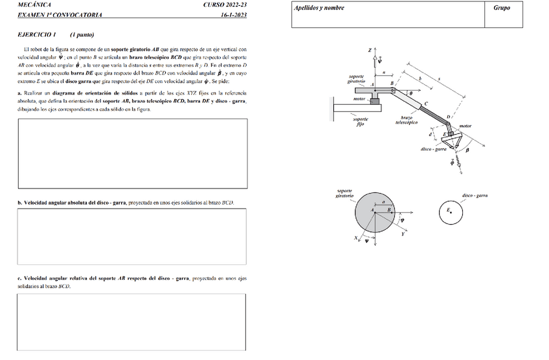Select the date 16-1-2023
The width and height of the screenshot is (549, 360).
(x=233, y=14)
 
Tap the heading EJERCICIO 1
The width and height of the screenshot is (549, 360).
(x=37, y=34)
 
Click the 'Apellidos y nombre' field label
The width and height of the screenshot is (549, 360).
(x=319, y=8)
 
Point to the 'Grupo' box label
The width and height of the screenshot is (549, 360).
(x=501, y=8)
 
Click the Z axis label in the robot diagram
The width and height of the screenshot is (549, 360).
(x=370, y=50)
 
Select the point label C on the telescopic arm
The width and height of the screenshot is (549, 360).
(x=425, y=104)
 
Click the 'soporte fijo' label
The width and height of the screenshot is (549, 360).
(x=361, y=121)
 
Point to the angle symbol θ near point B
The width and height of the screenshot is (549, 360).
(x=410, y=93)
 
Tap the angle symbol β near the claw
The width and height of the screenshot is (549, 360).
(x=467, y=150)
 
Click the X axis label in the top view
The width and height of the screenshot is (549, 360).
(x=356, y=238)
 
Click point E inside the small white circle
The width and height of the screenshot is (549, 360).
(x=450, y=212)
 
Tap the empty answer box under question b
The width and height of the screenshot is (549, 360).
(x=132, y=236)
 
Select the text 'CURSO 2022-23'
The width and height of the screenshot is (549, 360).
(x=225, y=5)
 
